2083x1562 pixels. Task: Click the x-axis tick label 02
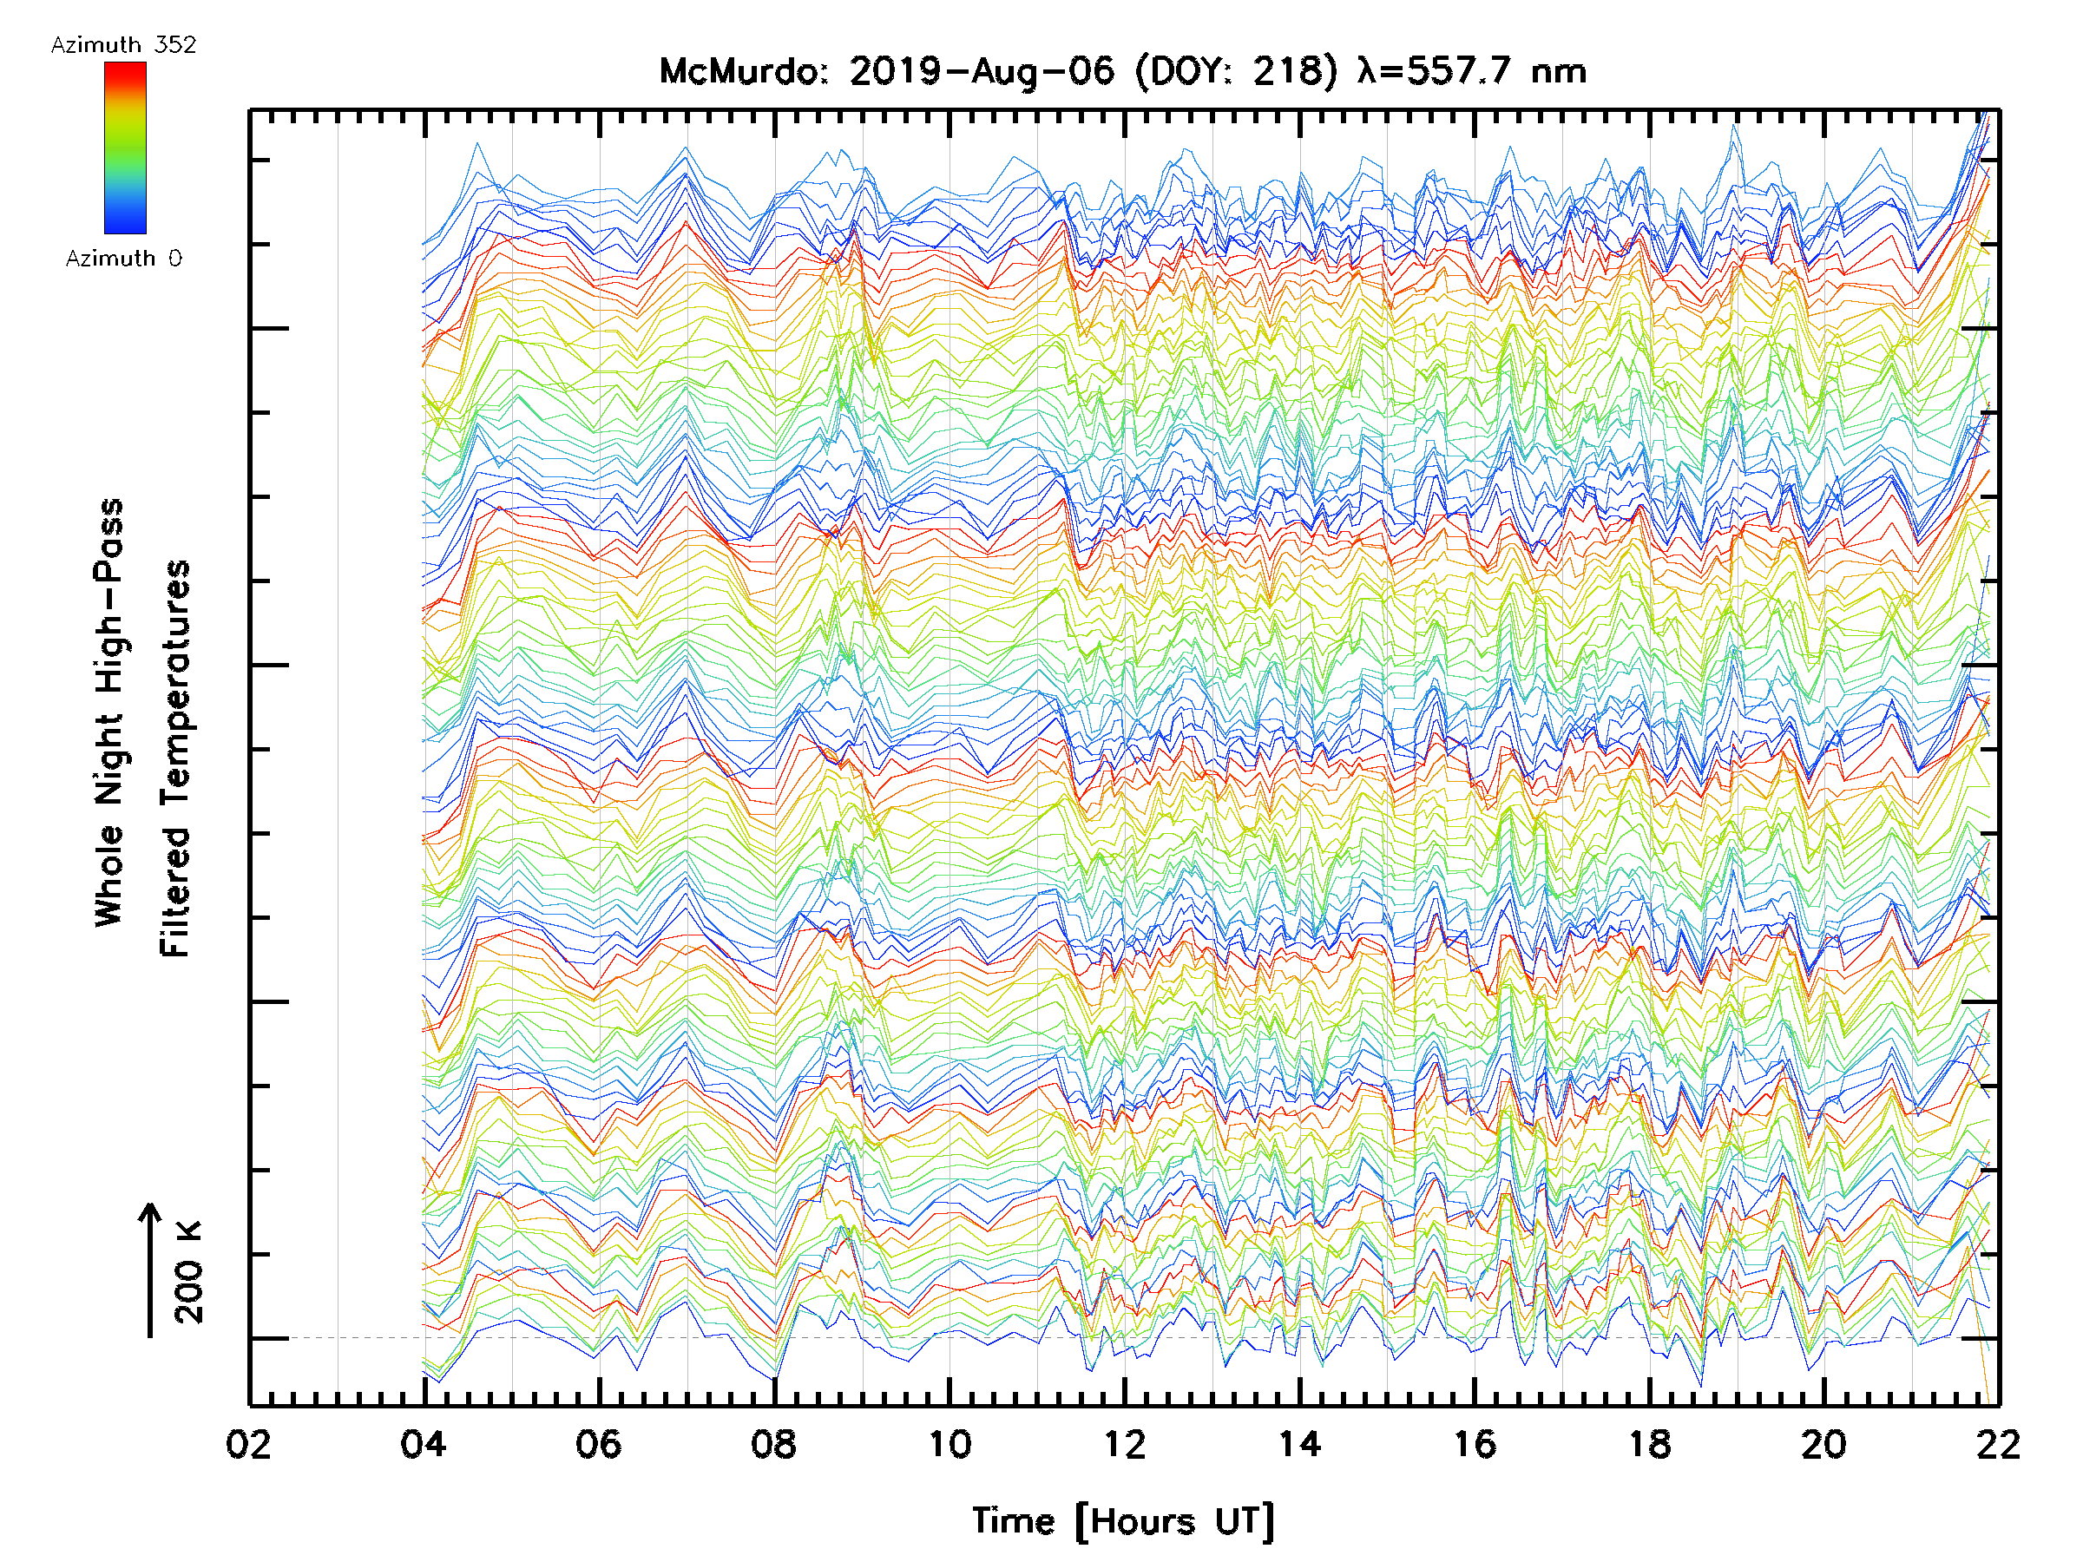click(248, 1445)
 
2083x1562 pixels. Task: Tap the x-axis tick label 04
click(424, 1445)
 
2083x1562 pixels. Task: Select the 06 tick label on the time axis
click(599, 1445)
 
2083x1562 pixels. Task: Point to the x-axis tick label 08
click(774, 1445)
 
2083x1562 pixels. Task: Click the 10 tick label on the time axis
click(950, 1445)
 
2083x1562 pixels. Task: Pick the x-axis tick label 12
click(1124, 1445)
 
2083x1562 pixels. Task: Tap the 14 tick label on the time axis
click(1299, 1445)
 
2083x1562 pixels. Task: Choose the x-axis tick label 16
click(1475, 1445)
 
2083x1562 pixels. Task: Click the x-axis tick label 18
click(1650, 1445)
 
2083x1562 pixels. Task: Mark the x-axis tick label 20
click(1825, 1445)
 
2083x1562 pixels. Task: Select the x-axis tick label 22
click(1998, 1445)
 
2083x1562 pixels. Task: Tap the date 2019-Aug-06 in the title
click(982, 71)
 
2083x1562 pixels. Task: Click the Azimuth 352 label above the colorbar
click(123, 45)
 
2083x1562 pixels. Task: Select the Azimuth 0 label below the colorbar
click(123, 259)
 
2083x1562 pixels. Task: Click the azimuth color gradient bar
click(125, 148)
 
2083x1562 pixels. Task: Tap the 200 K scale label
click(189, 1272)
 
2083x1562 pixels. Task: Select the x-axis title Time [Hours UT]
click(1123, 1522)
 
